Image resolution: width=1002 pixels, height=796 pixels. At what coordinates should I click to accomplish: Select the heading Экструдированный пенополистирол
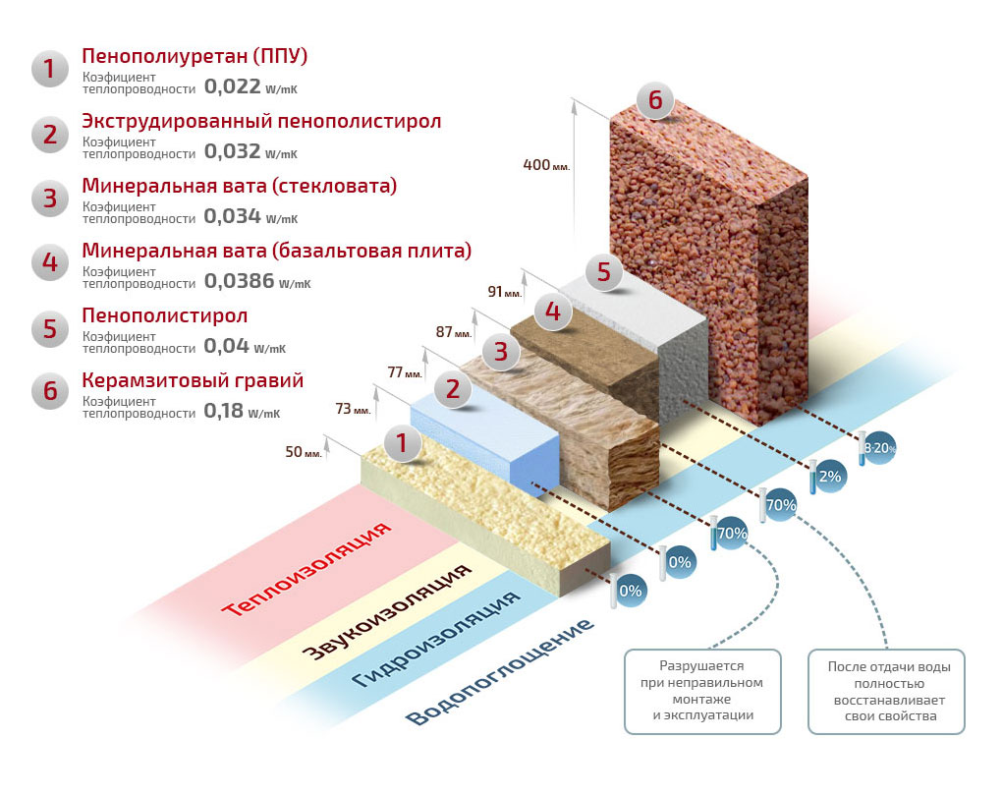click(261, 122)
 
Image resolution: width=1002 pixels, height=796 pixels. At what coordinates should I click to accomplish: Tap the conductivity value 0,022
click(232, 86)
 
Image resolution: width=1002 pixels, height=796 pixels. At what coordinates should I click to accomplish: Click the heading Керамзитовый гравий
click(193, 380)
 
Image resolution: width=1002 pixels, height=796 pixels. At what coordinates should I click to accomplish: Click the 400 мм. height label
click(546, 165)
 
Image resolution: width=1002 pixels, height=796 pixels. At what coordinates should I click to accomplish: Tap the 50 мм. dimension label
click(304, 452)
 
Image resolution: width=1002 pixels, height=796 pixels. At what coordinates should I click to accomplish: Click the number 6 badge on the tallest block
click(655, 100)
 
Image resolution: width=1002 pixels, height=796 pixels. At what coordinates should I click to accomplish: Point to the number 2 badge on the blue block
click(453, 389)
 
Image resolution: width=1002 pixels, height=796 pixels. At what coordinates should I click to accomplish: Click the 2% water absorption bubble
click(830, 477)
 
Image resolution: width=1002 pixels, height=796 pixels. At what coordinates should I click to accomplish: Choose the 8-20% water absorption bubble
click(879, 448)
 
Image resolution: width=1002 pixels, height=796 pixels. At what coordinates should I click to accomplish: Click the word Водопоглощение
click(500, 672)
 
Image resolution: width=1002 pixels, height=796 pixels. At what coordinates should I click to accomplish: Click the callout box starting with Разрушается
click(702, 691)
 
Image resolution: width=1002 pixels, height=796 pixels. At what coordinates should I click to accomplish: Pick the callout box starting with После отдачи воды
click(887, 691)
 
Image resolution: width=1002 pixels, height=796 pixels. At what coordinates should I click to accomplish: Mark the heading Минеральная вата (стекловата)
click(240, 187)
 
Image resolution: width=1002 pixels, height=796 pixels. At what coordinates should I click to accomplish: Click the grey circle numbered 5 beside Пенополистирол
click(49, 328)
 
